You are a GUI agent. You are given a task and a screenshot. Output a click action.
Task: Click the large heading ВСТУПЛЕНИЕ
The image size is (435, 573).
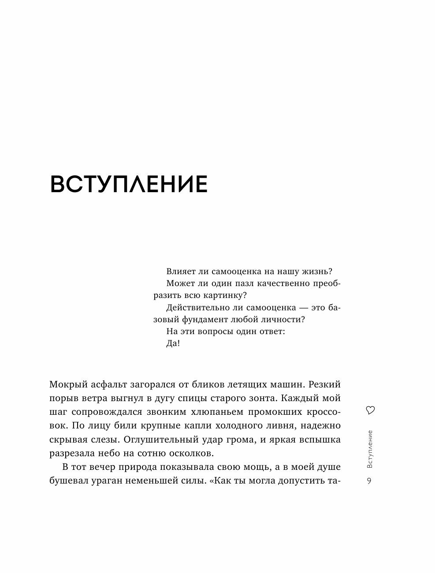pyautogui.click(x=129, y=185)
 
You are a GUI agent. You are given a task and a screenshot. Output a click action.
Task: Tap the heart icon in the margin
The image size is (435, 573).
pyautogui.click(x=370, y=410)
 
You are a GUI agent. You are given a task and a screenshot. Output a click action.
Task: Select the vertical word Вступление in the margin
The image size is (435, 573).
pyautogui.click(x=370, y=449)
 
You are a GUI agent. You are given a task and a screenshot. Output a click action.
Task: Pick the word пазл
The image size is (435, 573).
pyautogui.click(x=244, y=283)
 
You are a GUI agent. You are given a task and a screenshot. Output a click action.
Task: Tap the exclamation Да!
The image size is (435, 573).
pyautogui.click(x=173, y=344)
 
